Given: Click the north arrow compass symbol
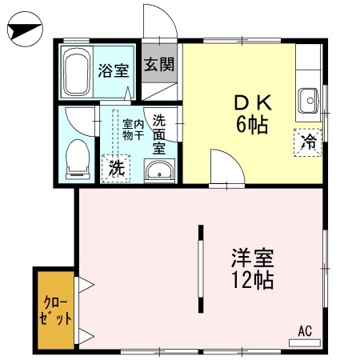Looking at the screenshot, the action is click(x=25, y=29).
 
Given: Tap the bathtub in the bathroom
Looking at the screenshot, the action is click(x=76, y=72).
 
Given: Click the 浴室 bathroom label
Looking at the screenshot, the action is click(x=114, y=70).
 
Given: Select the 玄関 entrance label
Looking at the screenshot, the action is click(x=159, y=64).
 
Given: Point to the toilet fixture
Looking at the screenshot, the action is click(x=78, y=159).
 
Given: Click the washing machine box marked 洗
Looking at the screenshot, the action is click(x=116, y=169).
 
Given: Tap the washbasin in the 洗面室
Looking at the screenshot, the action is click(x=159, y=170).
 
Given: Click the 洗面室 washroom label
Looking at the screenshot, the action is click(x=159, y=134).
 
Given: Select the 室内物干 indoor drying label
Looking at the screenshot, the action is click(x=134, y=130).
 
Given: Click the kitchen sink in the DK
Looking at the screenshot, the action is click(x=309, y=101).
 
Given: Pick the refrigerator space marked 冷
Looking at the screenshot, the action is click(x=308, y=142).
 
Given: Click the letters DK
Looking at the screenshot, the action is click(x=253, y=103).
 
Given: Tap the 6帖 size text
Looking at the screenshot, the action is click(x=252, y=125).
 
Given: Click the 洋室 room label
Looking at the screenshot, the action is click(x=253, y=258).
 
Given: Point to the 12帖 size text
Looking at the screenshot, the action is click(x=253, y=280).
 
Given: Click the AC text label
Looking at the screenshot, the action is click(x=305, y=331).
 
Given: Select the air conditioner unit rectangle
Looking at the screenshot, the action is click(x=305, y=343).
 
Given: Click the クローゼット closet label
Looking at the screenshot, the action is click(x=55, y=310).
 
